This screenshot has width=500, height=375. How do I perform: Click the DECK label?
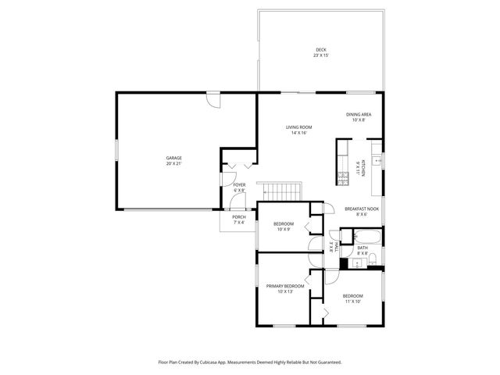[320, 50]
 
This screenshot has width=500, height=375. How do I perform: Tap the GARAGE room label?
[173, 159]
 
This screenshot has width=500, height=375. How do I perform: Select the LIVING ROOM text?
[298, 127]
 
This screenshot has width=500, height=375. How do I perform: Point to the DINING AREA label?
[359, 115]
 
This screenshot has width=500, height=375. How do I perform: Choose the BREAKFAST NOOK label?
[362, 209]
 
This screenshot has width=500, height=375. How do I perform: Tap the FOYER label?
[239, 185]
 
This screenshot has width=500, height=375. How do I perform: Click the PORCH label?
[238, 217]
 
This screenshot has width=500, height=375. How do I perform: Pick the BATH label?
[362, 248]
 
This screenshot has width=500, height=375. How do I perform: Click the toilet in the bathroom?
[373, 260]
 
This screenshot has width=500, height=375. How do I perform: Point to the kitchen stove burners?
[342, 177]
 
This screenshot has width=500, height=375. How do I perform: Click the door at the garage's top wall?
[213, 100]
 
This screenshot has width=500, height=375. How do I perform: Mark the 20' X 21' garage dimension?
[173, 164]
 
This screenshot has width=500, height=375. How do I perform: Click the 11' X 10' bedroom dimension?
[352, 301]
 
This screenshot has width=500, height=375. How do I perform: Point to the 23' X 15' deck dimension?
[320, 55]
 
